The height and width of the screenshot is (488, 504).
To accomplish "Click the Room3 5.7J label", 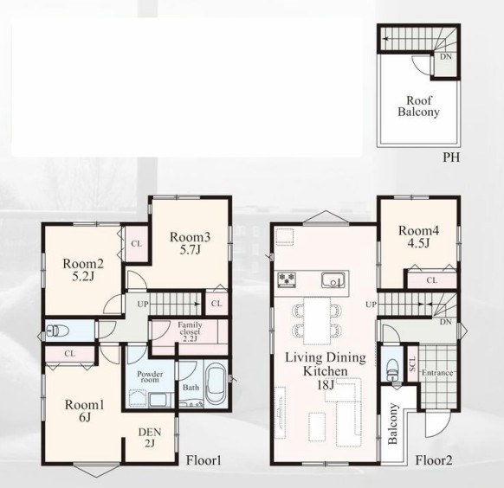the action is [x=190, y=243].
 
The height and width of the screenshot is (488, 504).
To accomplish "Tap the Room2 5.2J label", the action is [x=83, y=270].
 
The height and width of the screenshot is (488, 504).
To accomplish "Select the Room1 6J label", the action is [x=84, y=411].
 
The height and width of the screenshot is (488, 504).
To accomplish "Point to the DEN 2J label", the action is [x=150, y=438].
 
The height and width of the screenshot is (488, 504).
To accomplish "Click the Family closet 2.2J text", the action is [x=190, y=331].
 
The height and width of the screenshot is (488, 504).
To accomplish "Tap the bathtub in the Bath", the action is [x=216, y=383].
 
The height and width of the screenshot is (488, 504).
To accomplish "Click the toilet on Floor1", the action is [x=57, y=331].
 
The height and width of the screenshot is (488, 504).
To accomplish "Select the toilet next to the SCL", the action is [x=392, y=369].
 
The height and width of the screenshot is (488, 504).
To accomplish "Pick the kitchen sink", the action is [x=333, y=280].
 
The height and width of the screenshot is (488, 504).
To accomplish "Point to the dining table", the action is [x=317, y=320].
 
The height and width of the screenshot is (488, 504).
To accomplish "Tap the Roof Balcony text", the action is [x=418, y=106].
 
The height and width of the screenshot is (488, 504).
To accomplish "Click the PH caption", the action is [x=451, y=157].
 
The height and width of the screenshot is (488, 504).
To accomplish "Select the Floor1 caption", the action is [x=204, y=460].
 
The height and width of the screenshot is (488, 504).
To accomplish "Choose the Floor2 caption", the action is [x=434, y=460].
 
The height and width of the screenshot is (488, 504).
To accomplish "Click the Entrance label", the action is [x=437, y=373].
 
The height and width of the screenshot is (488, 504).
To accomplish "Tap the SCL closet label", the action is [x=412, y=363].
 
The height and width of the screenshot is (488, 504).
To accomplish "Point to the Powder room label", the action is [x=150, y=377].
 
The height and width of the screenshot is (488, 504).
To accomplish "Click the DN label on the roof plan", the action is [x=446, y=57].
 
